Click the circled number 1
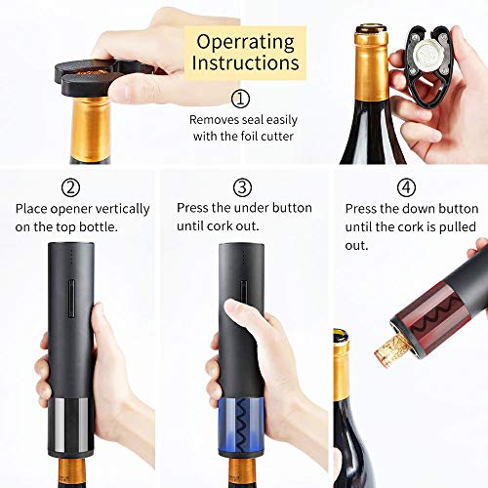point(240,98)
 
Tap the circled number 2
point(70,187)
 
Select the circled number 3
point(243,187)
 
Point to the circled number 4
point(406,187)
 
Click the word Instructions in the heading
point(245,63)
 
